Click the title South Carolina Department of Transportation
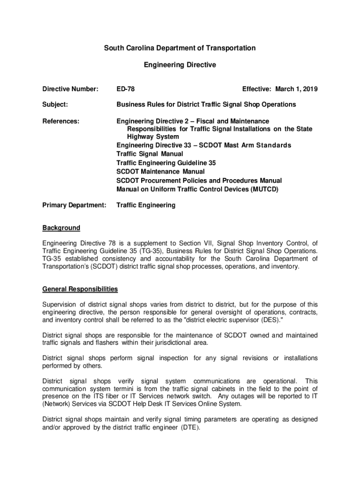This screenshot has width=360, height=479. click(180, 48)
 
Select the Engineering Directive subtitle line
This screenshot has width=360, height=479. click(180, 65)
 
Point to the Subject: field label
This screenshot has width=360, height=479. click(56, 104)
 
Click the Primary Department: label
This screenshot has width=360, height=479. click(74, 205)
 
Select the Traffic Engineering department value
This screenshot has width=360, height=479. click(146, 205)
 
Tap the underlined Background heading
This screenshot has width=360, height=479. click(61, 228)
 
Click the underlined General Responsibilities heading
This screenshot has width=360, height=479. click(80, 289)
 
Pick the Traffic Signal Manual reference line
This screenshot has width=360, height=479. click(150, 154)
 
